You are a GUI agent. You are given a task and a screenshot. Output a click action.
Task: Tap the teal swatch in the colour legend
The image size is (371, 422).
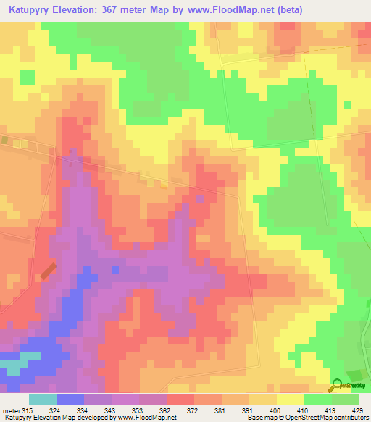click(43, 400)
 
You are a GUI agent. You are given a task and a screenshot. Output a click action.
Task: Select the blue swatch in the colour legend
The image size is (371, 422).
click(70, 400)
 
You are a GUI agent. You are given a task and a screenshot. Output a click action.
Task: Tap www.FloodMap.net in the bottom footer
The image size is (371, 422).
click(147, 417)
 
